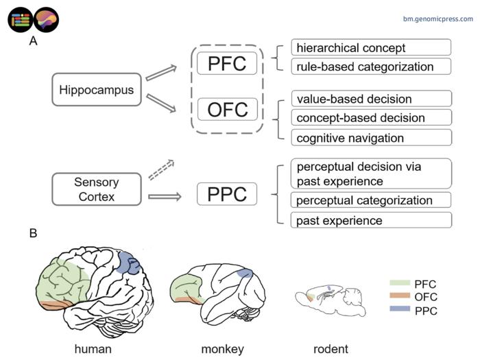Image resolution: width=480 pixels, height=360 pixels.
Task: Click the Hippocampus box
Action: coord(97,90)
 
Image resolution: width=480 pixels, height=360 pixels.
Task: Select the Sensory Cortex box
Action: coord(97,190)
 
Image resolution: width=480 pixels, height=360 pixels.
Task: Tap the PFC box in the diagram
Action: coord(227,64)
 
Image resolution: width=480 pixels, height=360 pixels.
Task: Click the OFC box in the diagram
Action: coord(227,109)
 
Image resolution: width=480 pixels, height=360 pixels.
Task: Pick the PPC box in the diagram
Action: coord(227,194)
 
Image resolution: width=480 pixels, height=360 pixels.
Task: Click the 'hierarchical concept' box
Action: coord(371,47)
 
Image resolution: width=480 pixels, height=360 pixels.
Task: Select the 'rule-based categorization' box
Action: coord(371,67)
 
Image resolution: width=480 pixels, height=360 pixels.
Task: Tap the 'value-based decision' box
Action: coord(371,98)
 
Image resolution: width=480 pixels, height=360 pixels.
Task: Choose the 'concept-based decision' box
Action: coord(371,117)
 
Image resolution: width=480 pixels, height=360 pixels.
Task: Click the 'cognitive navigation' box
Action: coord(371,137)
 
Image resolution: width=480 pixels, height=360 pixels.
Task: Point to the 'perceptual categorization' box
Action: coord(371,200)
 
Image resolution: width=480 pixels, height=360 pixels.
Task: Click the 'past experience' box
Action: coord(371,220)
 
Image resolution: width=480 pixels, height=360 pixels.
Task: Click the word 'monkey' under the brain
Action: coord(222,348)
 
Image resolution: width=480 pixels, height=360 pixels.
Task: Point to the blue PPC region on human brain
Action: coord(128,262)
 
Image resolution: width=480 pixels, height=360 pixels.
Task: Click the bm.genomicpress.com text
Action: coord(437,19)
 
